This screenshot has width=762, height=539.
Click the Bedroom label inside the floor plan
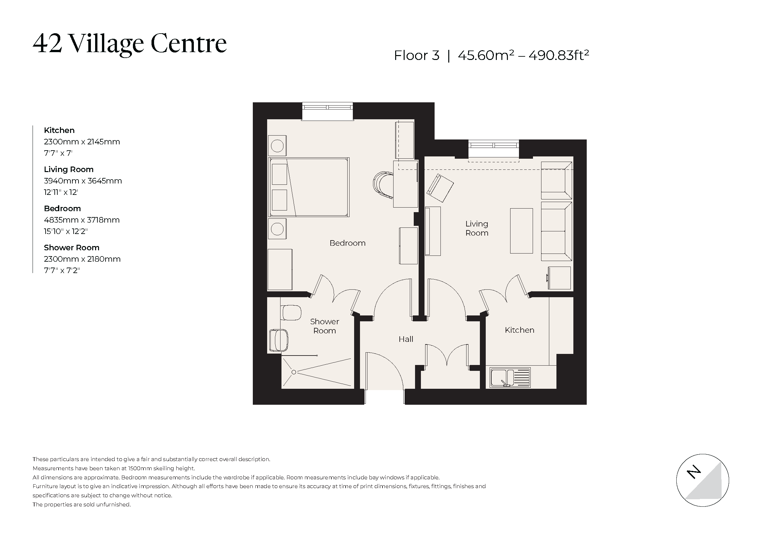point(347,243)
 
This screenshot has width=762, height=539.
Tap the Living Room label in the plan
point(477,228)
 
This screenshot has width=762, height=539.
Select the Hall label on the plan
point(406,339)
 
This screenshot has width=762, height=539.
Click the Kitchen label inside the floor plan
point(519,330)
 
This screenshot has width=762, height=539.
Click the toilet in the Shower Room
point(291,313)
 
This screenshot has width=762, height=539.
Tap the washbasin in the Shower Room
point(279,340)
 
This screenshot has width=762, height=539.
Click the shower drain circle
point(294,372)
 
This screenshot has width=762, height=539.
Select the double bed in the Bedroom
point(309,187)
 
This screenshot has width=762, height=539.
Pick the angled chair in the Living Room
point(440,188)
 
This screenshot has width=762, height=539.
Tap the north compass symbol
point(702,480)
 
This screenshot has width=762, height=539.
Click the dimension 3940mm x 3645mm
point(83,181)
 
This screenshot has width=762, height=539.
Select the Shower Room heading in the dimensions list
point(71,248)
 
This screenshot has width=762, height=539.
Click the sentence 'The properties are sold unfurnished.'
point(82,504)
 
